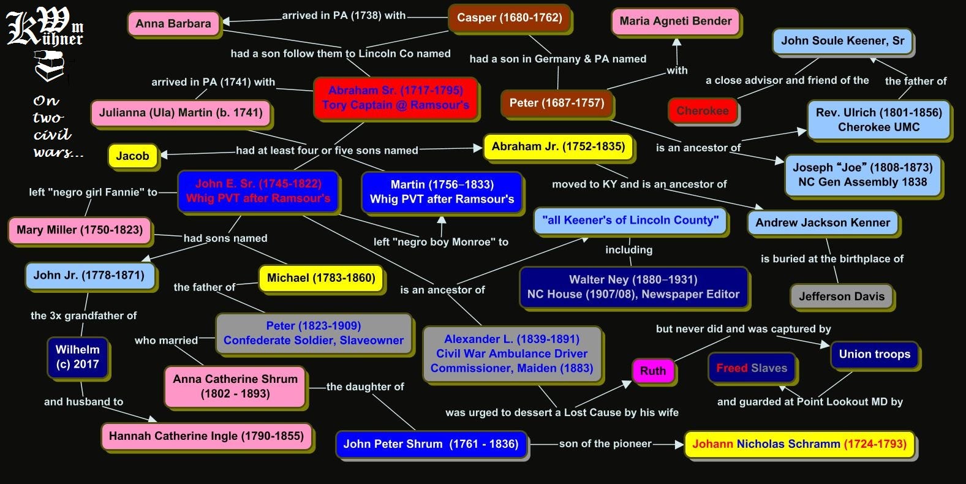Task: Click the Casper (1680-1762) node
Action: click(x=509, y=18)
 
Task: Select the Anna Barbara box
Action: click(x=173, y=24)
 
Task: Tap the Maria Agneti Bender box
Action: click(x=676, y=21)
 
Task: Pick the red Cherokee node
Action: click(x=703, y=111)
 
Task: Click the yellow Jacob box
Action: click(x=132, y=156)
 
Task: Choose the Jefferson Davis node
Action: click(x=842, y=297)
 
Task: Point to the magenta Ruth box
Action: click(x=652, y=371)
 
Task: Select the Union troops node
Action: click(x=874, y=354)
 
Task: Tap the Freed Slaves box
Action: click(x=752, y=368)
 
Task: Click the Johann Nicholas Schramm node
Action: click(x=799, y=444)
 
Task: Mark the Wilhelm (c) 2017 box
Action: click(x=78, y=357)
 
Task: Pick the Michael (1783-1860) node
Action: click(x=321, y=278)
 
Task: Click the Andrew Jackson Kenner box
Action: click(x=823, y=222)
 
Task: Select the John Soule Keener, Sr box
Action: click(x=842, y=41)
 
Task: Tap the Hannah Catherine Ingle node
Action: click(x=206, y=436)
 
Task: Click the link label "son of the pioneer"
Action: click(x=605, y=444)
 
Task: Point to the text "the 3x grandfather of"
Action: click(x=84, y=316)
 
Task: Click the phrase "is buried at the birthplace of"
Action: click(x=832, y=259)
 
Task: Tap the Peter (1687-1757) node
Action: click(x=557, y=103)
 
